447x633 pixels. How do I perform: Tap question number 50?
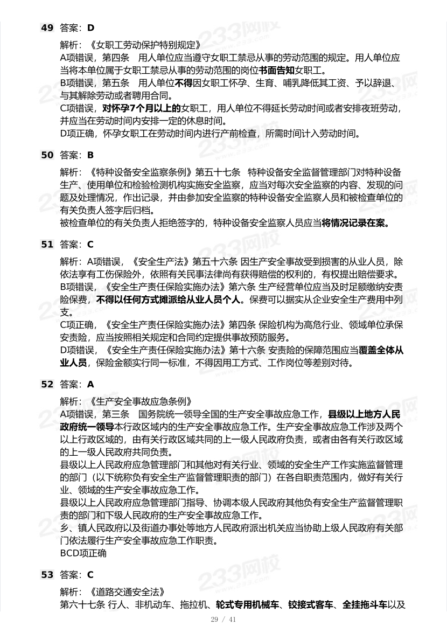(47, 155)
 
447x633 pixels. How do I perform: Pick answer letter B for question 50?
(90, 155)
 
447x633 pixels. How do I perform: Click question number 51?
(47, 244)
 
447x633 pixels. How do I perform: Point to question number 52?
(47, 384)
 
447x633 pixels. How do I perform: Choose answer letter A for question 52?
(90, 384)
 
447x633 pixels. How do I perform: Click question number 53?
(47, 575)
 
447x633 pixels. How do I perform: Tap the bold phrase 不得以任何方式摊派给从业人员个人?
(170, 300)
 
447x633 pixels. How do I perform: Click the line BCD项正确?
(83, 553)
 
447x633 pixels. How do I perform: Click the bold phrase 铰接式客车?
(313, 604)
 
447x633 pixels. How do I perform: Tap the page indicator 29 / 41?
(223, 620)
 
